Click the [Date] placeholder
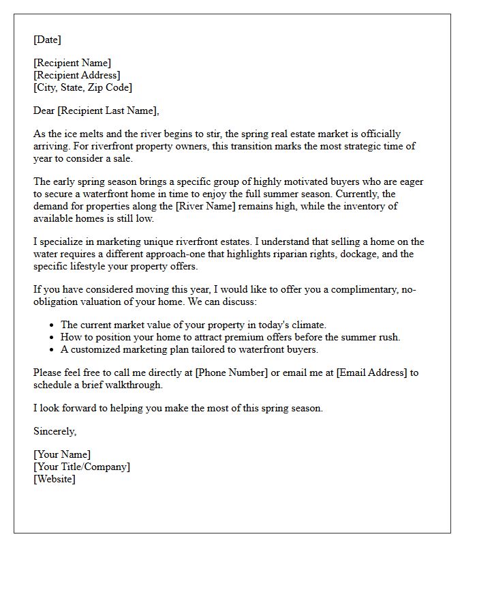tap(47, 40)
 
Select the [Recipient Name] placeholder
tap(72, 63)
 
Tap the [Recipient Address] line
tap(77, 75)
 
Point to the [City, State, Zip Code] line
tap(82, 87)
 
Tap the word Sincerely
tap(55, 431)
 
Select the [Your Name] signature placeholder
tap(62, 454)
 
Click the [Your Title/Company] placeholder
tap(82, 467)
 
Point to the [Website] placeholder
tap(55, 479)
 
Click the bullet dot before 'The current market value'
tap(52, 325)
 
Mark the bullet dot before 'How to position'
tap(52, 338)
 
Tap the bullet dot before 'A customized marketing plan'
tap(52, 350)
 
